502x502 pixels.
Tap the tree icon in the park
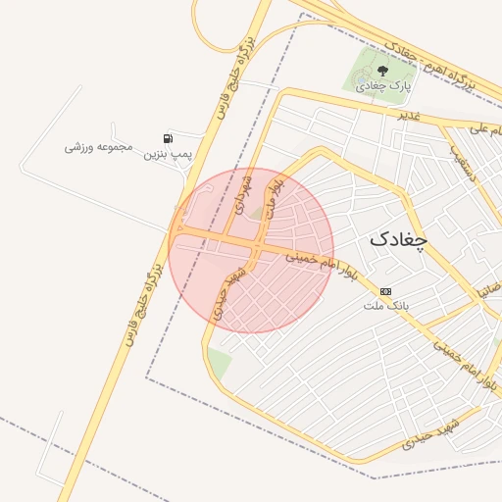pos(382,71)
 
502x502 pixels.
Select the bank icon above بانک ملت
pos(384,291)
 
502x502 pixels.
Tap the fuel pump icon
pos(169,138)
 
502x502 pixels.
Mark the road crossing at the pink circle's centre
pos(252,242)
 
